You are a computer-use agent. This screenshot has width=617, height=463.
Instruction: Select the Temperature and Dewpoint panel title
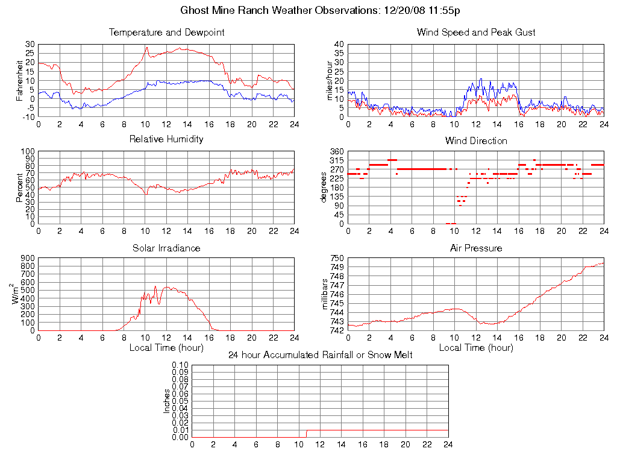tap(166, 33)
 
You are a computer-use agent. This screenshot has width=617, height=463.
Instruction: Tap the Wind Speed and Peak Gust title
tap(476, 33)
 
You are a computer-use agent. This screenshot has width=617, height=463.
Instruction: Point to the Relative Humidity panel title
tap(166, 139)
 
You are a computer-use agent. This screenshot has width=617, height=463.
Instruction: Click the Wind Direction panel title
tap(476, 141)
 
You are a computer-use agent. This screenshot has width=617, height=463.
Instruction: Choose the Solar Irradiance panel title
tap(166, 248)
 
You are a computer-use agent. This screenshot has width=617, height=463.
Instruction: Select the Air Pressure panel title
tap(476, 248)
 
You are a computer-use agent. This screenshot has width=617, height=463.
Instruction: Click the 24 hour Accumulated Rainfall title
tap(321, 355)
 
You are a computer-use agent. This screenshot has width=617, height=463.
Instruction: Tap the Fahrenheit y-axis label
tap(19, 80)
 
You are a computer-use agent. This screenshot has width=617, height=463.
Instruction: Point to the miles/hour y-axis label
tap(329, 80)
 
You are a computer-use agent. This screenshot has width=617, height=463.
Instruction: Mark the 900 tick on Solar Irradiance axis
tap(27, 258)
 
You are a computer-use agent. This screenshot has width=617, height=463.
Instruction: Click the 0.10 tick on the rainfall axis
tap(180, 365)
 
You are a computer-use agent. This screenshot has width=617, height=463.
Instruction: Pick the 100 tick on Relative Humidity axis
tap(27, 151)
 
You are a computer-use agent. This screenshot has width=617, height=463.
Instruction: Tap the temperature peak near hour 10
tap(146, 48)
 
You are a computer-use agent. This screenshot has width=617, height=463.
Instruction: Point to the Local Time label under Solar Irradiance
tap(166, 347)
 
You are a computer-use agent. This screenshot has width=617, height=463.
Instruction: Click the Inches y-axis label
tap(168, 401)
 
